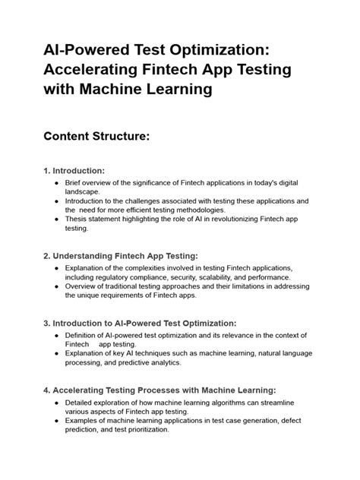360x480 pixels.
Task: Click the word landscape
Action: coord(86,191)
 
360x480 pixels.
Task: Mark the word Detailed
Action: coord(84,402)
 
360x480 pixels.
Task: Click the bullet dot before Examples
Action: coord(58,420)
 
